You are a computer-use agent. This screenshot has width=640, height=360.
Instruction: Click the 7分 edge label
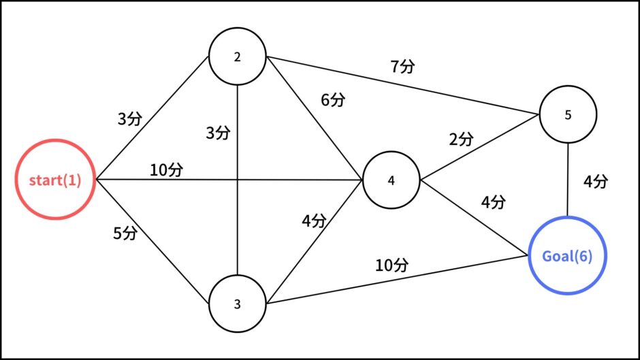403,66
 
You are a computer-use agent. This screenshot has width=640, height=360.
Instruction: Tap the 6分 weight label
333,99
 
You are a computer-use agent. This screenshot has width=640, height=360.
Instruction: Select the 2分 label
461,140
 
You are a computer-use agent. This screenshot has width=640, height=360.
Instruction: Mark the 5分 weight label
125,233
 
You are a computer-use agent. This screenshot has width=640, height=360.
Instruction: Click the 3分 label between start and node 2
130,119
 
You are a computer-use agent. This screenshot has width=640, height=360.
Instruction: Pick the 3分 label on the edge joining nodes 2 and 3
218,133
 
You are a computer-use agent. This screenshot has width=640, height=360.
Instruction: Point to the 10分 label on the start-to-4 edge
167,170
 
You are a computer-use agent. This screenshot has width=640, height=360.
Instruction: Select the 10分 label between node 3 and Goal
392,265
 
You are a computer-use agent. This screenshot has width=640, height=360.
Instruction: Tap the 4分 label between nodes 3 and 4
315,220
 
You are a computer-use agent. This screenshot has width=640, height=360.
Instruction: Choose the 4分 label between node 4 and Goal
494,202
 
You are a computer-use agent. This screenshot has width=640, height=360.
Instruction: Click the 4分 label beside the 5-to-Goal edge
596,182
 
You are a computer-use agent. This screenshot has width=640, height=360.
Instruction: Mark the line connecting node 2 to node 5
403,85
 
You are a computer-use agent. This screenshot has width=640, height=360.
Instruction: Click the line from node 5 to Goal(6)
568,180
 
